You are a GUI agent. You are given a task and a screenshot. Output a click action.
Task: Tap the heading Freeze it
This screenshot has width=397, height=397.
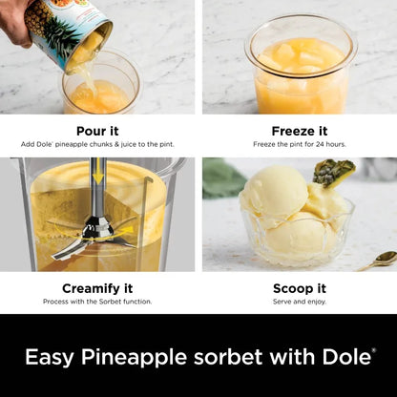click(x=298, y=131)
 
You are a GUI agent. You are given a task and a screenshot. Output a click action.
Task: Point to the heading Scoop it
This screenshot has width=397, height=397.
click(x=298, y=287)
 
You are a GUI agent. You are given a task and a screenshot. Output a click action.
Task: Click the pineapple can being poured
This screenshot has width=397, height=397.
click(x=67, y=29)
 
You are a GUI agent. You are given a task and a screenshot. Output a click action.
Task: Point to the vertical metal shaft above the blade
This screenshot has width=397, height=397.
click(x=97, y=186)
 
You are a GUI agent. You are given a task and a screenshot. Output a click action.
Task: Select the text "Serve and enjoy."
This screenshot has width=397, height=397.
click(x=298, y=302)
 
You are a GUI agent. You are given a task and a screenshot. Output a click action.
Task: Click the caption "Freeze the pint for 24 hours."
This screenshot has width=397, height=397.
click(x=298, y=144)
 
